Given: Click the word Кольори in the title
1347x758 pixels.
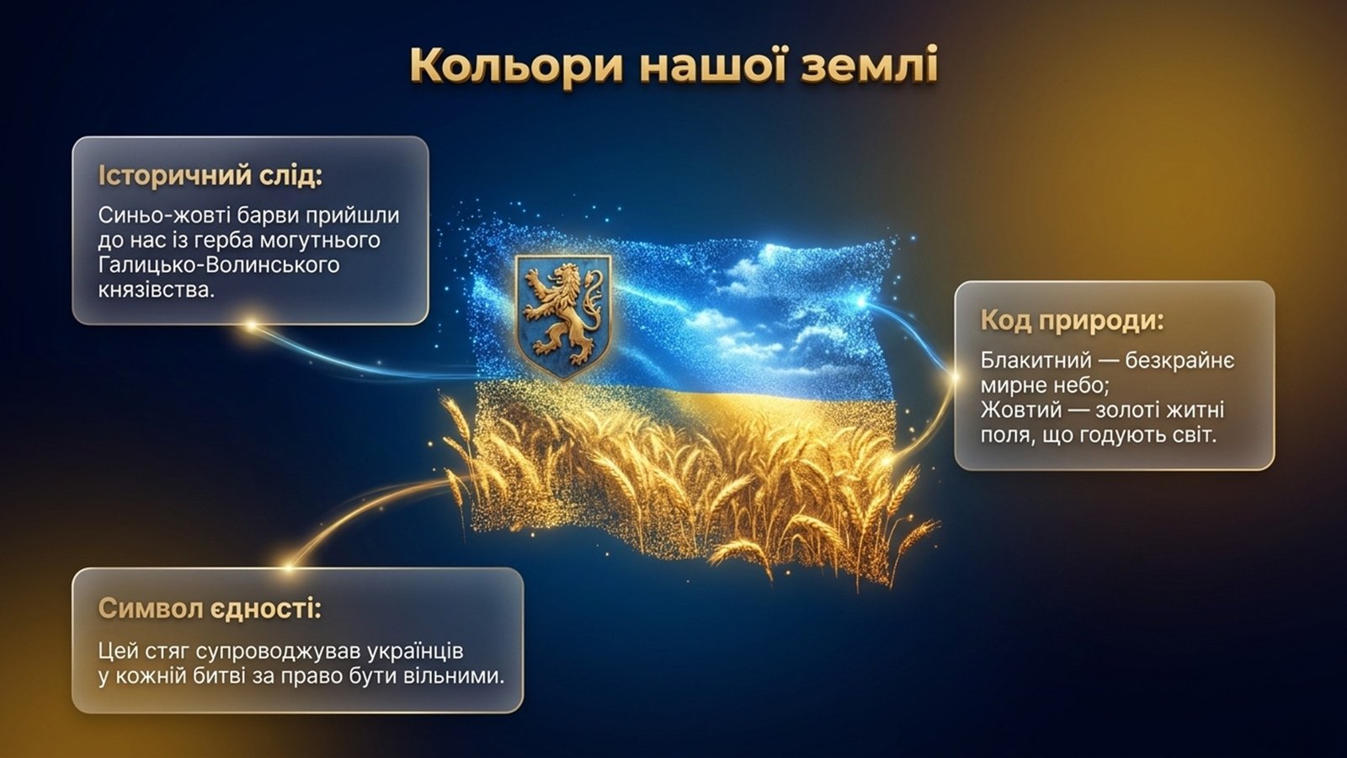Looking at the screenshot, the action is click(518, 64).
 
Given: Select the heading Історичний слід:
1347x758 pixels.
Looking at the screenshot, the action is click(210, 176).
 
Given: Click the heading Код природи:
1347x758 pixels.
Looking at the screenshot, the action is click(1073, 320).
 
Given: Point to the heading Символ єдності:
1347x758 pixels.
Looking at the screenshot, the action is click(210, 608).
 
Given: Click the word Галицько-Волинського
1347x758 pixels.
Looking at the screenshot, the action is click(219, 264).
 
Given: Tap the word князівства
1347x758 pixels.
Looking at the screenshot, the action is click(156, 290).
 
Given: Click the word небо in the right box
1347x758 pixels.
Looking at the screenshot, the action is click(1078, 386).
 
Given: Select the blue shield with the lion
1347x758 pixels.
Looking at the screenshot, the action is click(563, 317).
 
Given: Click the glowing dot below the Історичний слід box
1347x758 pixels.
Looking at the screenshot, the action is click(252, 326).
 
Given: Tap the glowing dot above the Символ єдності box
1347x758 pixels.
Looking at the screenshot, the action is click(290, 565).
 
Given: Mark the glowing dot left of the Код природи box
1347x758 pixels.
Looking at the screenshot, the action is click(954, 376).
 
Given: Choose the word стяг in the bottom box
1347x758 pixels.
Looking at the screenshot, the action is click(169, 652).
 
